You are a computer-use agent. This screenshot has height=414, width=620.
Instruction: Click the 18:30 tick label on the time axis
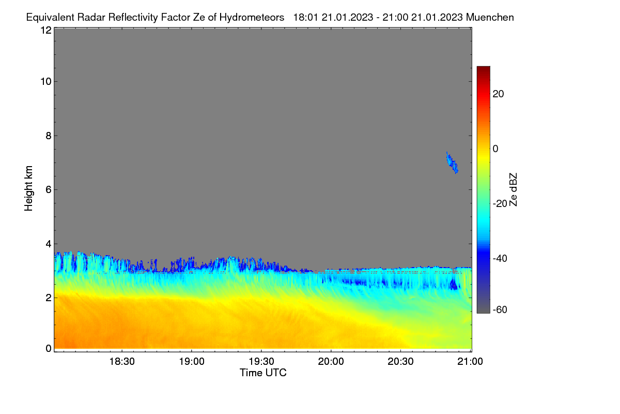[122, 362]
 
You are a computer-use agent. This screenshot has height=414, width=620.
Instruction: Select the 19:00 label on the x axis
[192, 362]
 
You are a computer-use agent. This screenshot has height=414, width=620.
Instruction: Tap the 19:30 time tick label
[261, 362]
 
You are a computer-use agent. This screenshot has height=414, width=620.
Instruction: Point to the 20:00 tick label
[331, 362]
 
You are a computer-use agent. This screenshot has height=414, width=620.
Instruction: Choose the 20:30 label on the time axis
[400, 362]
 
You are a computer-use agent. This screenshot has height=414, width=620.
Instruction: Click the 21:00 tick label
[470, 362]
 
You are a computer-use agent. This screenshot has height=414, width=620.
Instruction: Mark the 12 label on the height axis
[46, 30]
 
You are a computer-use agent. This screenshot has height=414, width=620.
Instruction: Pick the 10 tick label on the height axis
[46, 82]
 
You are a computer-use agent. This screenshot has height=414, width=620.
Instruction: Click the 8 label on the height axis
[49, 136]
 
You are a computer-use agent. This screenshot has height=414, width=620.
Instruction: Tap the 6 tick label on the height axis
[49, 190]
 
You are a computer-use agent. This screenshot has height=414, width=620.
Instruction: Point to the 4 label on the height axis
[49, 244]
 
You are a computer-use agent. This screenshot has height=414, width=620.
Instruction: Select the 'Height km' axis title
[28, 188]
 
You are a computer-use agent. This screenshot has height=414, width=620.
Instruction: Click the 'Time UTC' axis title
[263, 373]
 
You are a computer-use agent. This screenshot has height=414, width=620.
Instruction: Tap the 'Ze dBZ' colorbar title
[513, 190]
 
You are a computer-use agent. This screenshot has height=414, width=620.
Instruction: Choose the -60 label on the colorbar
[500, 310]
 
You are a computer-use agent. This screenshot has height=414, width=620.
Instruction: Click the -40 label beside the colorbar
[500, 258]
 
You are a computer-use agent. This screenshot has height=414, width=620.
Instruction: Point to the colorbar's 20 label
[498, 94]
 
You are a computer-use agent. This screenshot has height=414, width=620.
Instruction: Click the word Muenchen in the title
[490, 17]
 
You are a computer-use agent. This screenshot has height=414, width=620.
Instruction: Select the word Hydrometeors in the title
[252, 18]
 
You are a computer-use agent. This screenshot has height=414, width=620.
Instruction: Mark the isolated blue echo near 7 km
[452, 163]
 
